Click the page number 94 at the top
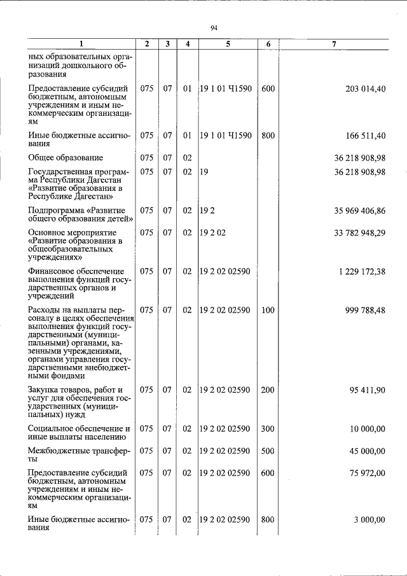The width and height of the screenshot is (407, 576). point(214,27)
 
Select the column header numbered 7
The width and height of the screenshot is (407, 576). point(334,44)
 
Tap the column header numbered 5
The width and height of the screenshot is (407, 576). point(227,44)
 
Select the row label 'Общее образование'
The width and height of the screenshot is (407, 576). point(66,157)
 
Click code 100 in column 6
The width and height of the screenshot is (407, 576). point(268,311)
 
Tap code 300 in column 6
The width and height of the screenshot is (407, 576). point(268,429)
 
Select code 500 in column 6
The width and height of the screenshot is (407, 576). point(268,451)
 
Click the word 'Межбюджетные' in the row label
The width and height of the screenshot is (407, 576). point(61,451)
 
